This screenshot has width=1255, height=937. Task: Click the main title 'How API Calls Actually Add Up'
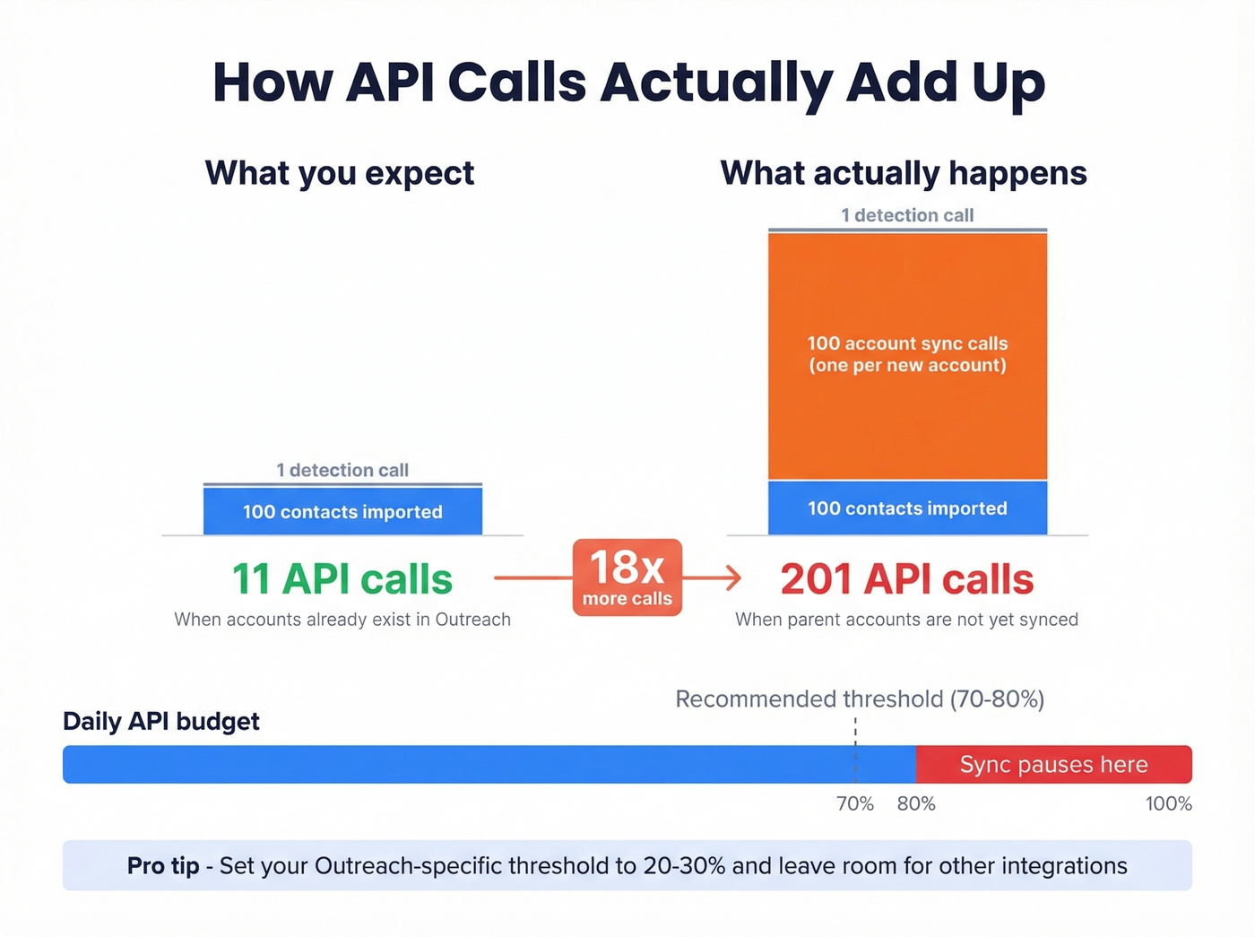[x=628, y=82]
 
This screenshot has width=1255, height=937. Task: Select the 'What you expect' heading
[x=340, y=173]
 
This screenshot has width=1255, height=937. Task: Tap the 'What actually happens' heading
[x=904, y=173]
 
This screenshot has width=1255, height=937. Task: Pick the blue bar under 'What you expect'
[x=342, y=511]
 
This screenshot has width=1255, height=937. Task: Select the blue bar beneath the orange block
[x=907, y=508]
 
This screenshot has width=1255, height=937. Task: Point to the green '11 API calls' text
[x=342, y=579]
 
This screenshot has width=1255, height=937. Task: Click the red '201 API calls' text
[x=907, y=579]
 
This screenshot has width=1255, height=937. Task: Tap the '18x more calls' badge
[x=627, y=577]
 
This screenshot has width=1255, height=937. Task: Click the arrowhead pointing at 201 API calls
[x=733, y=578]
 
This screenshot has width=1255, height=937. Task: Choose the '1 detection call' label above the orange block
[x=907, y=215]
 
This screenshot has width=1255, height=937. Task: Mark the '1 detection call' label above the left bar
[x=342, y=470]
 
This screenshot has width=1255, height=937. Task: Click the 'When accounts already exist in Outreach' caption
[x=342, y=620]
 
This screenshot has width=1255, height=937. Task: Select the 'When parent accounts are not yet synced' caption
[x=907, y=620]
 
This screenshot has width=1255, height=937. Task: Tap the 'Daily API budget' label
[x=161, y=722]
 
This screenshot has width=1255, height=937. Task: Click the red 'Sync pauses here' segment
[x=1053, y=765]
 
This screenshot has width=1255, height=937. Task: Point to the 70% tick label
[x=855, y=804]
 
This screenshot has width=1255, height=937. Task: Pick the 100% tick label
[x=1168, y=804]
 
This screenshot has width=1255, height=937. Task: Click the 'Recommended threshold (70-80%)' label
[x=860, y=699]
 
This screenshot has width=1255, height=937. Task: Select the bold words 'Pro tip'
[x=163, y=866]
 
